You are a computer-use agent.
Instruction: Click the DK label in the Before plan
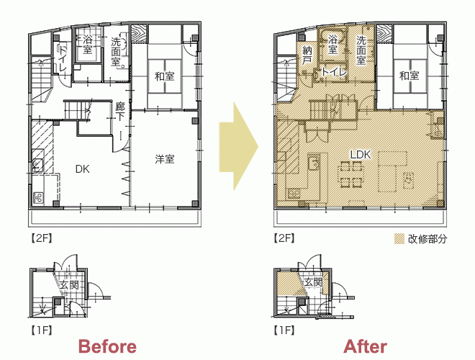pos(82,169)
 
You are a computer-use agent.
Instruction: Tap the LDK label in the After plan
pos(361,155)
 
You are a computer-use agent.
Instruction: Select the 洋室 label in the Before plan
pos(165,159)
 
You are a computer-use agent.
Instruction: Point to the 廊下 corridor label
pos(120,112)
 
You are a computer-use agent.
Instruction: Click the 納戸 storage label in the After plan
pos(307,55)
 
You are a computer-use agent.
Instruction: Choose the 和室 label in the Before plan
pos(165,76)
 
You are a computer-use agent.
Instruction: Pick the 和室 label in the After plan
pos(409,76)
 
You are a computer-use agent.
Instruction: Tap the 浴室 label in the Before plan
pos(87,44)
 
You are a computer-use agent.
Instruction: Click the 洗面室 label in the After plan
pos(361,50)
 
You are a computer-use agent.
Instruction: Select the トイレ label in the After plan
pos(333,72)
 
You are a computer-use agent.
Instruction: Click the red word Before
pos(107,346)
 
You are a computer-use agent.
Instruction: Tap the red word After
pos(365,346)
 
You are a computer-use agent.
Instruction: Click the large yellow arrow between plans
pos(239,147)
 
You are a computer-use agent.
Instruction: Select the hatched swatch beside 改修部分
pos(399,239)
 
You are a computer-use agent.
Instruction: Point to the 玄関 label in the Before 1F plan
pos(69,285)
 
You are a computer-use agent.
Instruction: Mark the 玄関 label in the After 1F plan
pos(313,282)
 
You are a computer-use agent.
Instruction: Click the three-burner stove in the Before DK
pos(38,198)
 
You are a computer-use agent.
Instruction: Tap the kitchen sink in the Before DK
pos(38,166)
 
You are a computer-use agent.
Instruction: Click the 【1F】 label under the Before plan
pos(41,330)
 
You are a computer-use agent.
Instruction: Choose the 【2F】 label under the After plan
pos(284,238)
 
